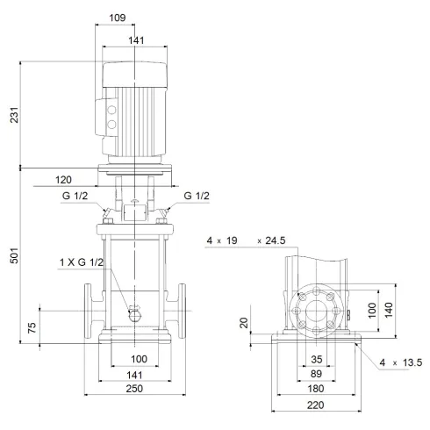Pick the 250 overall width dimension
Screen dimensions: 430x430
(x=134, y=389)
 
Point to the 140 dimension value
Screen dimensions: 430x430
(x=388, y=312)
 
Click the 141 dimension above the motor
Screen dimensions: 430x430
(x=134, y=39)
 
